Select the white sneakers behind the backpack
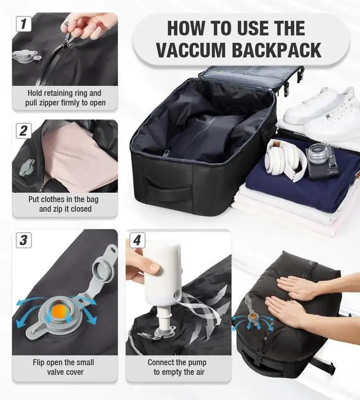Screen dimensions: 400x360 point(318,110)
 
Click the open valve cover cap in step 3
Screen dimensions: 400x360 point(102,264)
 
